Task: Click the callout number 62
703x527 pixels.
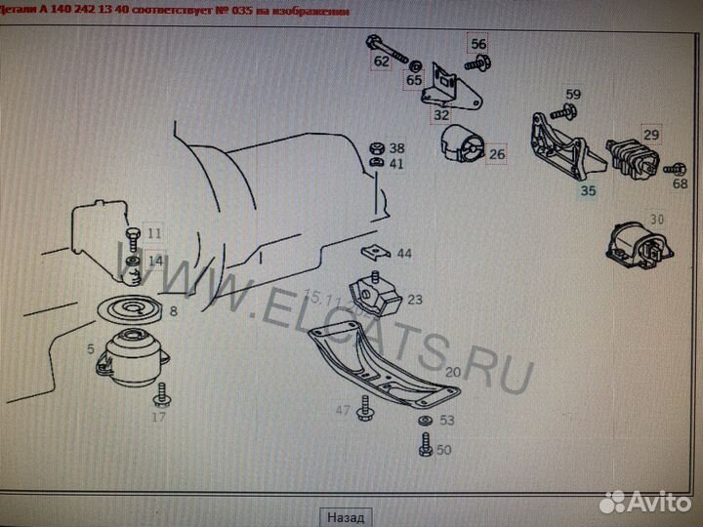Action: pos(380,61)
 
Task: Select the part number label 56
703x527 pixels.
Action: pos(477,44)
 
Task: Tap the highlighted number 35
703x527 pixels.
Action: pos(587,191)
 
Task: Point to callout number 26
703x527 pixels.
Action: pos(497,153)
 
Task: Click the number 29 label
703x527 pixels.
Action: pos(650,135)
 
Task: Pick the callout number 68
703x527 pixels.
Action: pos(679,169)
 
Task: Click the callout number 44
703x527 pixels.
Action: pos(403,254)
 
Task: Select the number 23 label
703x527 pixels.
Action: pos(415,300)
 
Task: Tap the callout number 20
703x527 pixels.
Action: pos(452,372)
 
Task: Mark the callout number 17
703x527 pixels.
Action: pos(159,417)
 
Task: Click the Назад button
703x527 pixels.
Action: pos(346,516)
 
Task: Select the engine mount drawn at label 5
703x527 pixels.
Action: pos(131,355)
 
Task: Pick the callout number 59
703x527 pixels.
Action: pos(573,95)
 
